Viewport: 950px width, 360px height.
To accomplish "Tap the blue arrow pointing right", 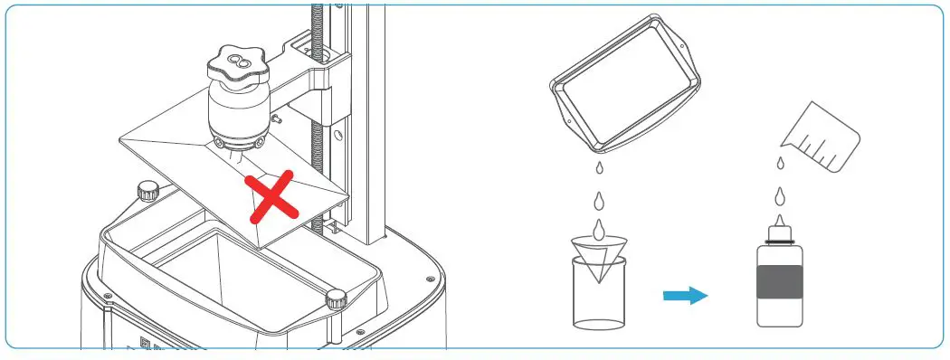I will click(685, 295).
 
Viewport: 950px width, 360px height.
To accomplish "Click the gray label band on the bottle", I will click(779, 281).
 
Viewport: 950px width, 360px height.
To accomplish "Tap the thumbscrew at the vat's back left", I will click(147, 191).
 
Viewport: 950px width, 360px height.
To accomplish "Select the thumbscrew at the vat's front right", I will click(337, 298).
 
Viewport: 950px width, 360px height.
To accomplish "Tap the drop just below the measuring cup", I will click(780, 163).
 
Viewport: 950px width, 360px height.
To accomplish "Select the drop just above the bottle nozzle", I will click(779, 195).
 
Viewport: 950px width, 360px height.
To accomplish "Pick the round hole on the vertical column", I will click(337, 137).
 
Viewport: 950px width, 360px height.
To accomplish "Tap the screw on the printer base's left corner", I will click(107, 296).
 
